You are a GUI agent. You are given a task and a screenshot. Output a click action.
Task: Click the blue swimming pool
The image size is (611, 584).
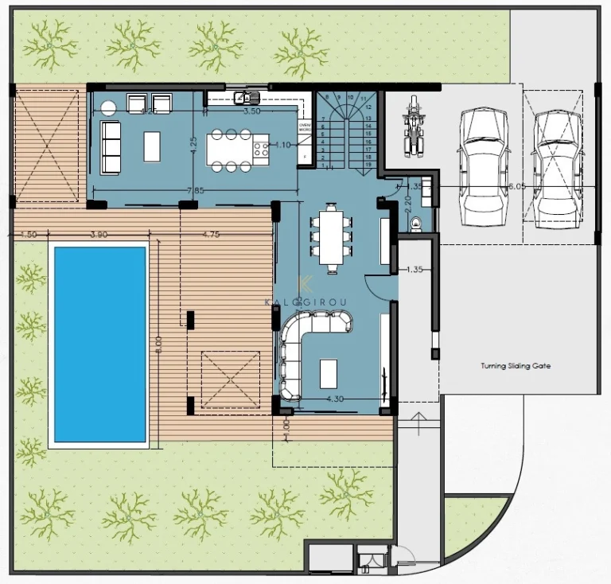pyautogui.click(x=99, y=345)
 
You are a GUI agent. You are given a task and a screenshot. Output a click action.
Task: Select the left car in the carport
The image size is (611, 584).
pyautogui.click(x=484, y=165)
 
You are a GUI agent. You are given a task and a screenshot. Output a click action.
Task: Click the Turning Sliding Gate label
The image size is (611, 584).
pyautogui.click(x=516, y=367)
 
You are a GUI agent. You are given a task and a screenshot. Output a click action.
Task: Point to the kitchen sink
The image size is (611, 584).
pyautogui.click(x=247, y=99)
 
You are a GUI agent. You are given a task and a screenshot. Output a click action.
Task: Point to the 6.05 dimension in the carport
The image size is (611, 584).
pyautogui.click(x=516, y=185)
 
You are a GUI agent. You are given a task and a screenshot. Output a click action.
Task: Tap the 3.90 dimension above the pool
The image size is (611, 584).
pyautogui.click(x=98, y=235)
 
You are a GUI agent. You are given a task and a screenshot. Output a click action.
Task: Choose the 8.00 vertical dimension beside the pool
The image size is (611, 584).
pyautogui.click(x=159, y=344)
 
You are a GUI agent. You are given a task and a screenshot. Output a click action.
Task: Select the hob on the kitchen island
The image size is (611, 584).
pyautogui.click(x=260, y=149)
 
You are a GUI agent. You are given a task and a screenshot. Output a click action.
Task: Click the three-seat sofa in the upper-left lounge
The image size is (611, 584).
pyautogui.click(x=110, y=148)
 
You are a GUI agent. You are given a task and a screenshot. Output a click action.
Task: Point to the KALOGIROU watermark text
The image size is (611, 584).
pyautogui.click(x=305, y=301)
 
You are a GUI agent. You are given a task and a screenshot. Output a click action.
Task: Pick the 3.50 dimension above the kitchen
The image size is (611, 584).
pyautogui.click(x=251, y=111)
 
